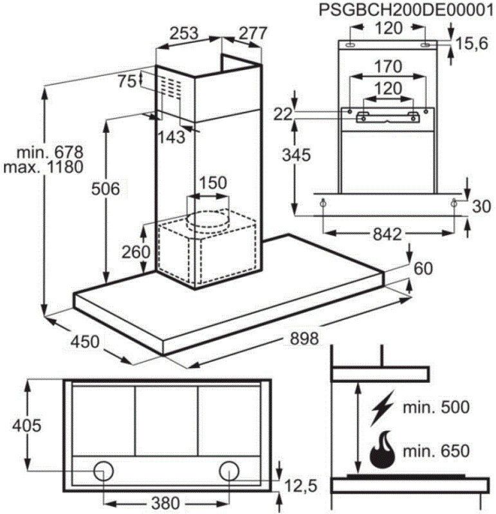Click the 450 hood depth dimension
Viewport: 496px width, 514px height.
click(x=84, y=341)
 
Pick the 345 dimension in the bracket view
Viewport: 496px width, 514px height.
click(x=295, y=154)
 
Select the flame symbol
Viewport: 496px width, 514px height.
click(x=384, y=450)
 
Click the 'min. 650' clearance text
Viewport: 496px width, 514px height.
click(x=436, y=451)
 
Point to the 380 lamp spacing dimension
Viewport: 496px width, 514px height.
click(x=166, y=502)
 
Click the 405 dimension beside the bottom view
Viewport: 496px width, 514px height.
click(x=26, y=425)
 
